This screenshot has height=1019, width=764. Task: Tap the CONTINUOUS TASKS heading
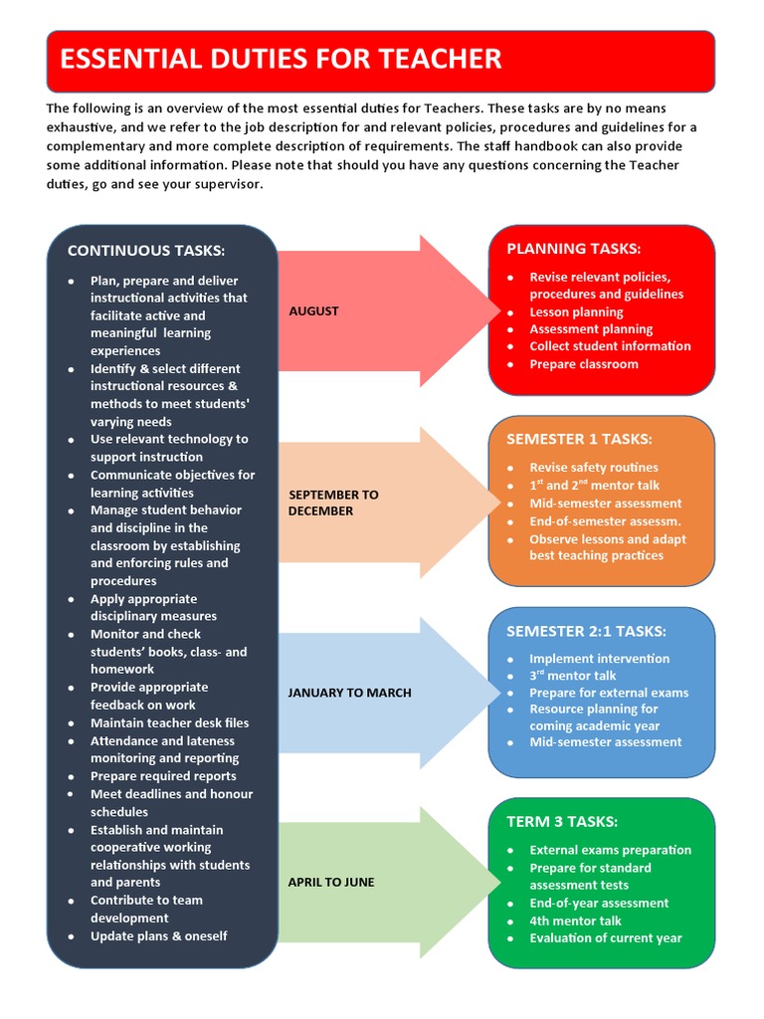[x=145, y=251]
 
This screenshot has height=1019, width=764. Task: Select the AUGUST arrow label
[x=313, y=311]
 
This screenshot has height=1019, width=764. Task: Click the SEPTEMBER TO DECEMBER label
[x=333, y=503]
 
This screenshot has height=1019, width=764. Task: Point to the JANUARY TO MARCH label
[x=349, y=693]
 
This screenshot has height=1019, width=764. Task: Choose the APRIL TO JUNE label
[x=331, y=883]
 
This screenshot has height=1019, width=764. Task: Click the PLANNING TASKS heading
[x=574, y=249]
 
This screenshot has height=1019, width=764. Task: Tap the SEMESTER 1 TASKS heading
[x=579, y=439]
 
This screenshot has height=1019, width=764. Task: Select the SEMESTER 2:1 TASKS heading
[x=586, y=631]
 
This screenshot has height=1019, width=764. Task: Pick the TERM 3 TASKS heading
[x=562, y=822]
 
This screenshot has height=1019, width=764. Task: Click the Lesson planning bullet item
[x=576, y=311]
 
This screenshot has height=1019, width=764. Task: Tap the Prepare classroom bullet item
[x=584, y=364]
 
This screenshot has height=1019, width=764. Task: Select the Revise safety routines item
[x=594, y=468]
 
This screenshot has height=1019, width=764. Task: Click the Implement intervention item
[x=600, y=659]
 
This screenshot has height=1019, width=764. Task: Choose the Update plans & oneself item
[x=159, y=936]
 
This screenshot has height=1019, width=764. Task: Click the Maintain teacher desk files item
[x=170, y=723]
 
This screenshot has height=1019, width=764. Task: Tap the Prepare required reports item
[x=163, y=776]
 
